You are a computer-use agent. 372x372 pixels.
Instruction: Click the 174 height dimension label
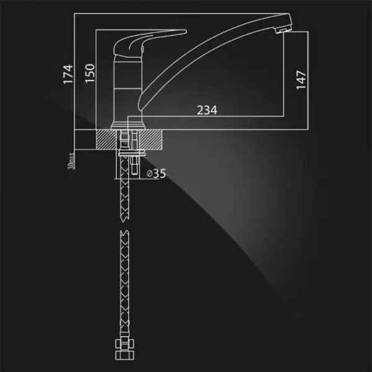[x=68, y=74]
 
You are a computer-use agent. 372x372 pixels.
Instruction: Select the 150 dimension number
[x=90, y=73]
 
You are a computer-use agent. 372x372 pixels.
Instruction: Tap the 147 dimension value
[x=301, y=80]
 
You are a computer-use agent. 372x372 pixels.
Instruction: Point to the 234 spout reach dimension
[x=207, y=110]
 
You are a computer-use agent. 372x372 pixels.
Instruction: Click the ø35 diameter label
[x=156, y=174]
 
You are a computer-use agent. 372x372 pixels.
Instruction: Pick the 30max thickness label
[x=71, y=161]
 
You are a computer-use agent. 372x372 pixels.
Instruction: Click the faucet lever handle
[x=149, y=43]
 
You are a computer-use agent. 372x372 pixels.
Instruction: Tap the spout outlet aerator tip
[x=283, y=30]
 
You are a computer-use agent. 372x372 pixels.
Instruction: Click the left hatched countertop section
[x=106, y=139]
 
